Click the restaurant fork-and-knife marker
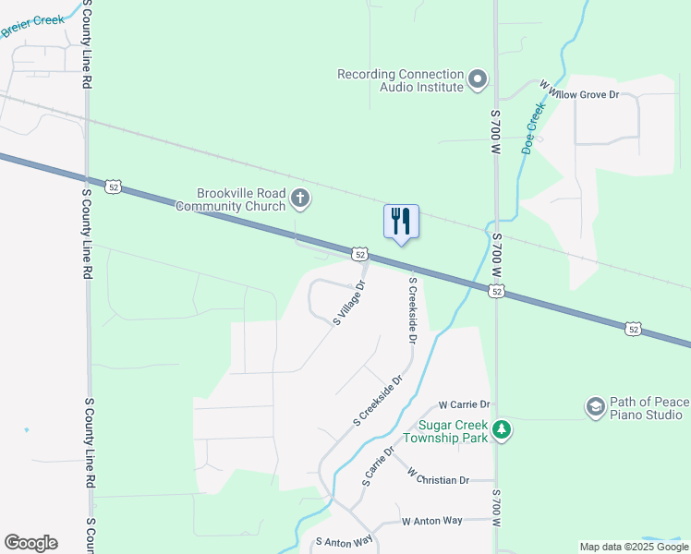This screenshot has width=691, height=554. click(x=401, y=222)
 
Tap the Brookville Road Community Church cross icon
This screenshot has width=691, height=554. click(x=299, y=198)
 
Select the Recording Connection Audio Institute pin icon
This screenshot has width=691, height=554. click(x=478, y=80)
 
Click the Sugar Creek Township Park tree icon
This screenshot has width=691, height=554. click(x=501, y=430)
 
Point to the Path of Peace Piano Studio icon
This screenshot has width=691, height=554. click(x=595, y=406)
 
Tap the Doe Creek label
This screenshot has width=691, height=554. click(x=532, y=126)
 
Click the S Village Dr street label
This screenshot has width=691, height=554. click(x=350, y=303)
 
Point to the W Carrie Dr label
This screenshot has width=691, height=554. click(x=464, y=404)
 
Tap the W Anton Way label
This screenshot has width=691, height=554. click(x=431, y=521)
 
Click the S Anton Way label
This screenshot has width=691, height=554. click(x=344, y=541)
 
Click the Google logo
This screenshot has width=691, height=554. click(x=30, y=543)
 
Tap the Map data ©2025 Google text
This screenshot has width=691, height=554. click(x=634, y=547)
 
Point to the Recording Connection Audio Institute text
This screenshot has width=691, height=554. click(x=400, y=80)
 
